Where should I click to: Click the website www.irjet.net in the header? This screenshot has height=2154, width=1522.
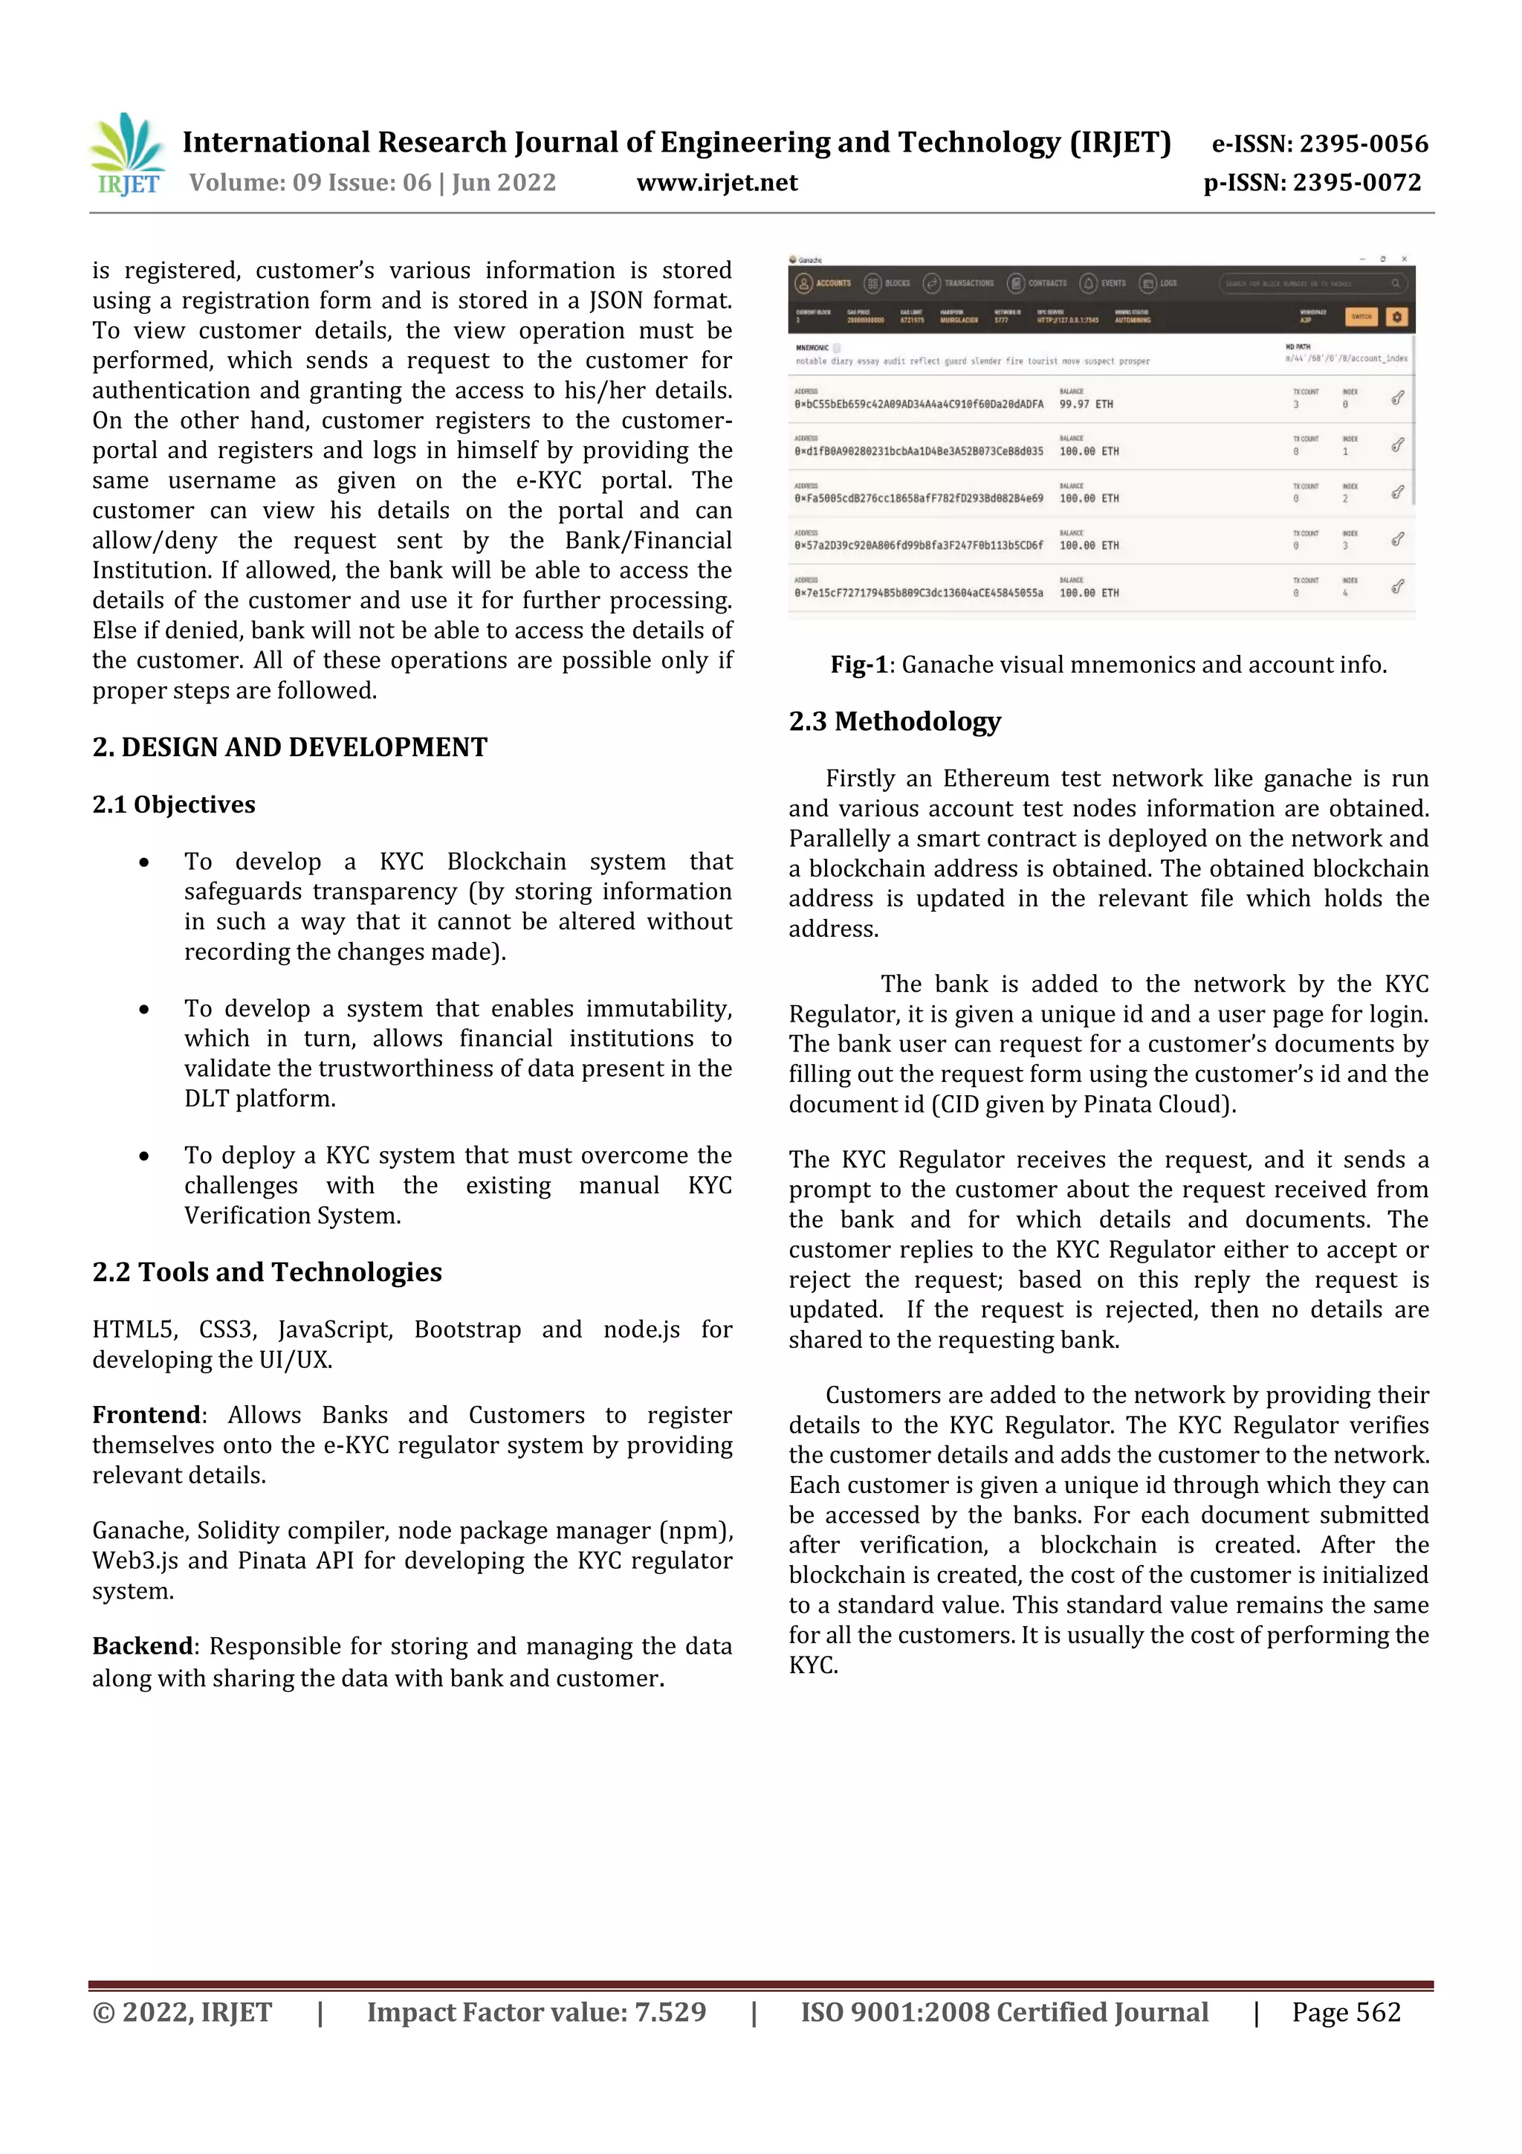click(716, 183)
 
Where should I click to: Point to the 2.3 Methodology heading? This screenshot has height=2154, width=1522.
click(894, 720)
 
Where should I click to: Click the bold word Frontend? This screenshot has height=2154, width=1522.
click(146, 1415)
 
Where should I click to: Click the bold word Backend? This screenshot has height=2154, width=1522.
click(143, 1645)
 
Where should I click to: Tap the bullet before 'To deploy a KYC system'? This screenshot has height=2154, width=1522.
click(143, 1155)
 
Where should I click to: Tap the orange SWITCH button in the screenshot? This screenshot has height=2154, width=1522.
click(1361, 317)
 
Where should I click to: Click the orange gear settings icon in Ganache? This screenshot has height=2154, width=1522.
click(1396, 317)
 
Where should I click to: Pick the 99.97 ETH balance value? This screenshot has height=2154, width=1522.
click(1086, 404)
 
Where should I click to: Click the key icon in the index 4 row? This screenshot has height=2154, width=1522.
click(1396, 587)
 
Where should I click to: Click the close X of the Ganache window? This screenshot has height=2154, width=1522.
click(1404, 259)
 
